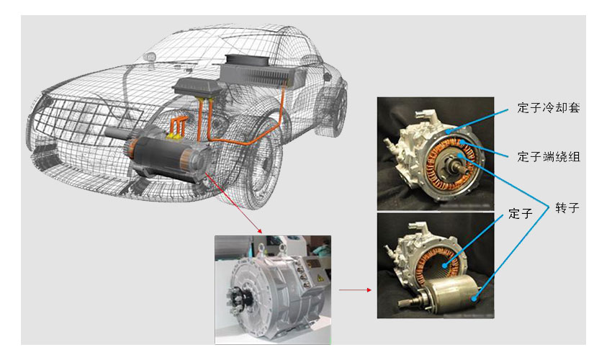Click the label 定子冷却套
549,108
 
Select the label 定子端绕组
549,157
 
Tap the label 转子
567,208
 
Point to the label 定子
521,214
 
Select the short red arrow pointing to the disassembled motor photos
355,289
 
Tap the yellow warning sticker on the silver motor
320,279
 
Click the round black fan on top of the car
247,60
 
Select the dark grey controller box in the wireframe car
197,89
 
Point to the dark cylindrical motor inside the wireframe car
168,159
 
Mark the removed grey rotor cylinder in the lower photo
453,293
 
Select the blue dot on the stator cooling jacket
449,132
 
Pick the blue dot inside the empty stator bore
444,266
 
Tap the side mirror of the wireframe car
150,57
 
